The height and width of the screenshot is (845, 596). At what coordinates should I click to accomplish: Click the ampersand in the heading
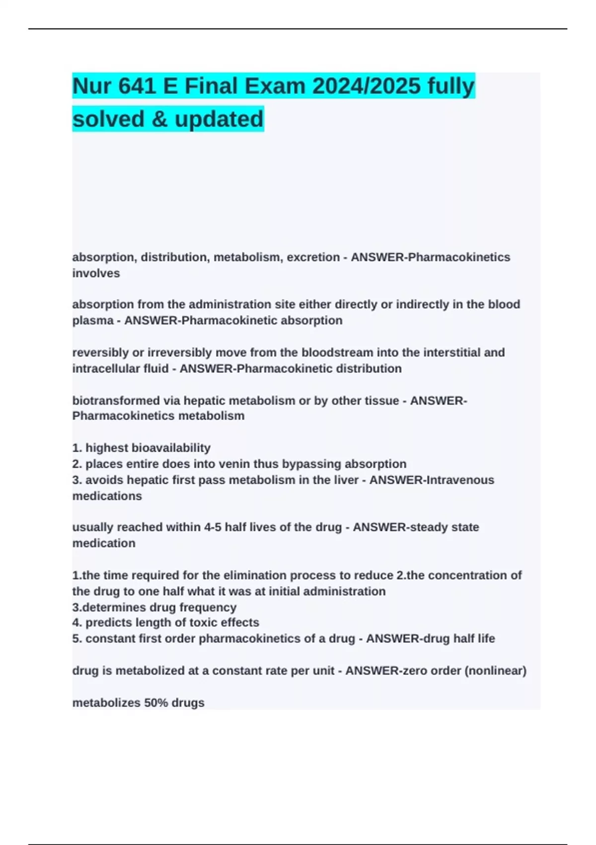coord(159,119)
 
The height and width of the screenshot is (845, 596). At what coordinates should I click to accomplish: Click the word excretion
coord(313,257)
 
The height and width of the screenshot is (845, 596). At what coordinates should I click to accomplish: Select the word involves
coord(96,273)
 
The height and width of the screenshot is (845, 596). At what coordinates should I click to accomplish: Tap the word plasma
coord(92,321)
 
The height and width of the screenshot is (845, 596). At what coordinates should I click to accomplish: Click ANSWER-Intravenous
coord(432,480)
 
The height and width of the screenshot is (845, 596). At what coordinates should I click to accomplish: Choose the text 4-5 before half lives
coord(213,527)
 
